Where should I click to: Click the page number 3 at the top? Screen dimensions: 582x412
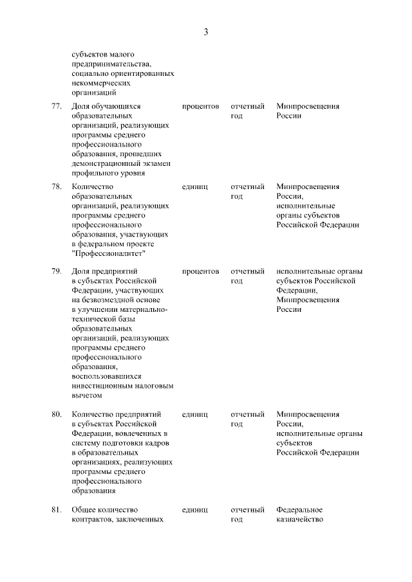(x=206, y=32)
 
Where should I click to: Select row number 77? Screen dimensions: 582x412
(x=56, y=106)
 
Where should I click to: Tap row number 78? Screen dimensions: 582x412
(x=56, y=186)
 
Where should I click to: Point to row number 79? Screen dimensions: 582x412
(x=56, y=271)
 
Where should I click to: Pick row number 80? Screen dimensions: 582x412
(x=56, y=414)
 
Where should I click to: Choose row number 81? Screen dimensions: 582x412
(x=56, y=509)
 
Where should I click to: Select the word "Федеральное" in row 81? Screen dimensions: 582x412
(x=299, y=509)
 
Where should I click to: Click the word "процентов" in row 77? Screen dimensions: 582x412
(x=200, y=106)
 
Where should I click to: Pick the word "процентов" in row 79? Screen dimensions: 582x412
(x=200, y=271)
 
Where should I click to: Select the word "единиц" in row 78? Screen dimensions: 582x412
(x=195, y=186)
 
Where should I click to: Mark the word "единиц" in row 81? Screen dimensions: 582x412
(x=195, y=509)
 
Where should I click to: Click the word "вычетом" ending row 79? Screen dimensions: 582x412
(x=87, y=396)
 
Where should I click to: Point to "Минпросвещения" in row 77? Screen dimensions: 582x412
(x=308, y=106)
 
